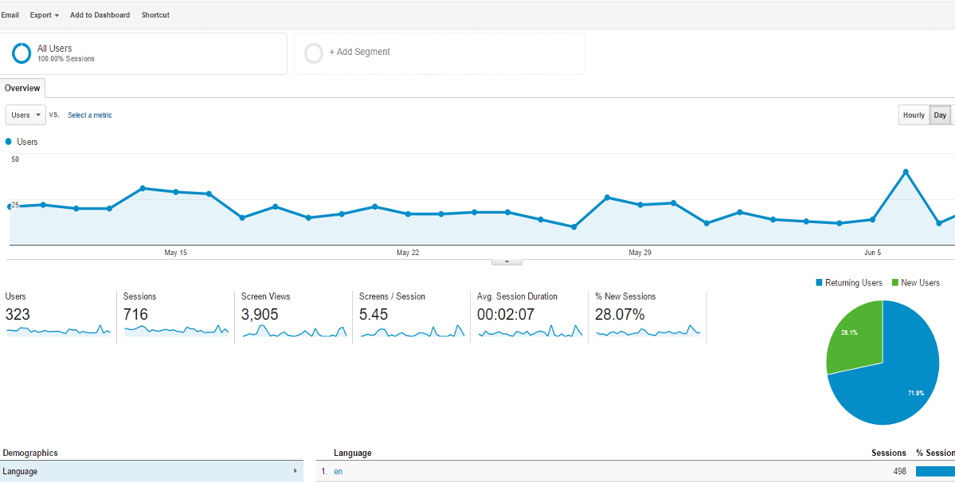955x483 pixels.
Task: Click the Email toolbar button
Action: [x=10, y=15]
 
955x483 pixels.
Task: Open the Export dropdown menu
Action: [x=45, y=15]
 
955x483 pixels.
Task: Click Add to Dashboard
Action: [x=100, y=15]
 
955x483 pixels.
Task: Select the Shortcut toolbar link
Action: [x=155, y=15]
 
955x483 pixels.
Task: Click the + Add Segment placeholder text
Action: [x=360, y=53]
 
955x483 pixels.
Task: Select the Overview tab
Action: [x=22, y=88]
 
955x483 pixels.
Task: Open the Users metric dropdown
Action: [x=25, y=116]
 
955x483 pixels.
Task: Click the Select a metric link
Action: [x=90, y=116]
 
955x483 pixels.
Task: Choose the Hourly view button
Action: [x=914, y=116]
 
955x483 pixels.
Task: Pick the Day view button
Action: [x=940, y=116]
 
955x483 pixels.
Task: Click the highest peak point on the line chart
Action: [x=906, y=171]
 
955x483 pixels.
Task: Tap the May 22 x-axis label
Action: [x=408, y=253]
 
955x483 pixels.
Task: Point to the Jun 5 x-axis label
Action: [x=873, y=253]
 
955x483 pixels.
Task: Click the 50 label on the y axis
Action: [x=15, y=159]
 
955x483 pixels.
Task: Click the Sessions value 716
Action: [x=135, y=315]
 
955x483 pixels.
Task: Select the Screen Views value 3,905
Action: [x=260, y=315]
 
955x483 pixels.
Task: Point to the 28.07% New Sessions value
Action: [x=620, y=315]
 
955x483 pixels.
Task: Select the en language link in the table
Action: [x=339, y=472]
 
